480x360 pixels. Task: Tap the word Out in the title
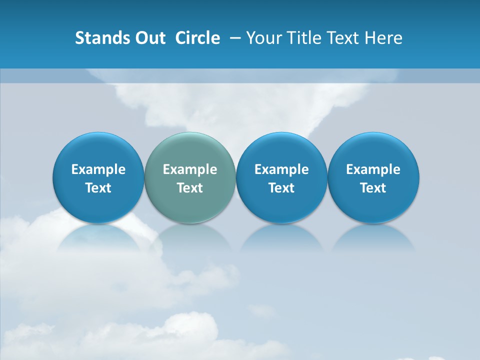(x=148, y=38)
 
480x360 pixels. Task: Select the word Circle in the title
(x=197, y=38)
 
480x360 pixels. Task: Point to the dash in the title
(x=235, y=38)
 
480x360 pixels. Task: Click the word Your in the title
(x=263, y=38)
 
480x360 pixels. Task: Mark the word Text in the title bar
(x=342, y=38)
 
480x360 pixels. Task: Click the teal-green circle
(x=190, y=150)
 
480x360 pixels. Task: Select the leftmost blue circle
(x=98, y=150)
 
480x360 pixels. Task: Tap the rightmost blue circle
(x=373, y=150)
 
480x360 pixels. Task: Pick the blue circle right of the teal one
(x=281, y=150)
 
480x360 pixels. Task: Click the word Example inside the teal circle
(x=190, y=169)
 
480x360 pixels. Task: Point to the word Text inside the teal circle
(x=190, y=188)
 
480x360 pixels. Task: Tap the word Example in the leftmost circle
(x=98, y=169)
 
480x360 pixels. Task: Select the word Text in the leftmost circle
(x=98, y=188)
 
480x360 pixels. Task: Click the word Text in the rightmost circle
(x=373, y=188)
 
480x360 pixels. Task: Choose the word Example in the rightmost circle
(x=373, y=169)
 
